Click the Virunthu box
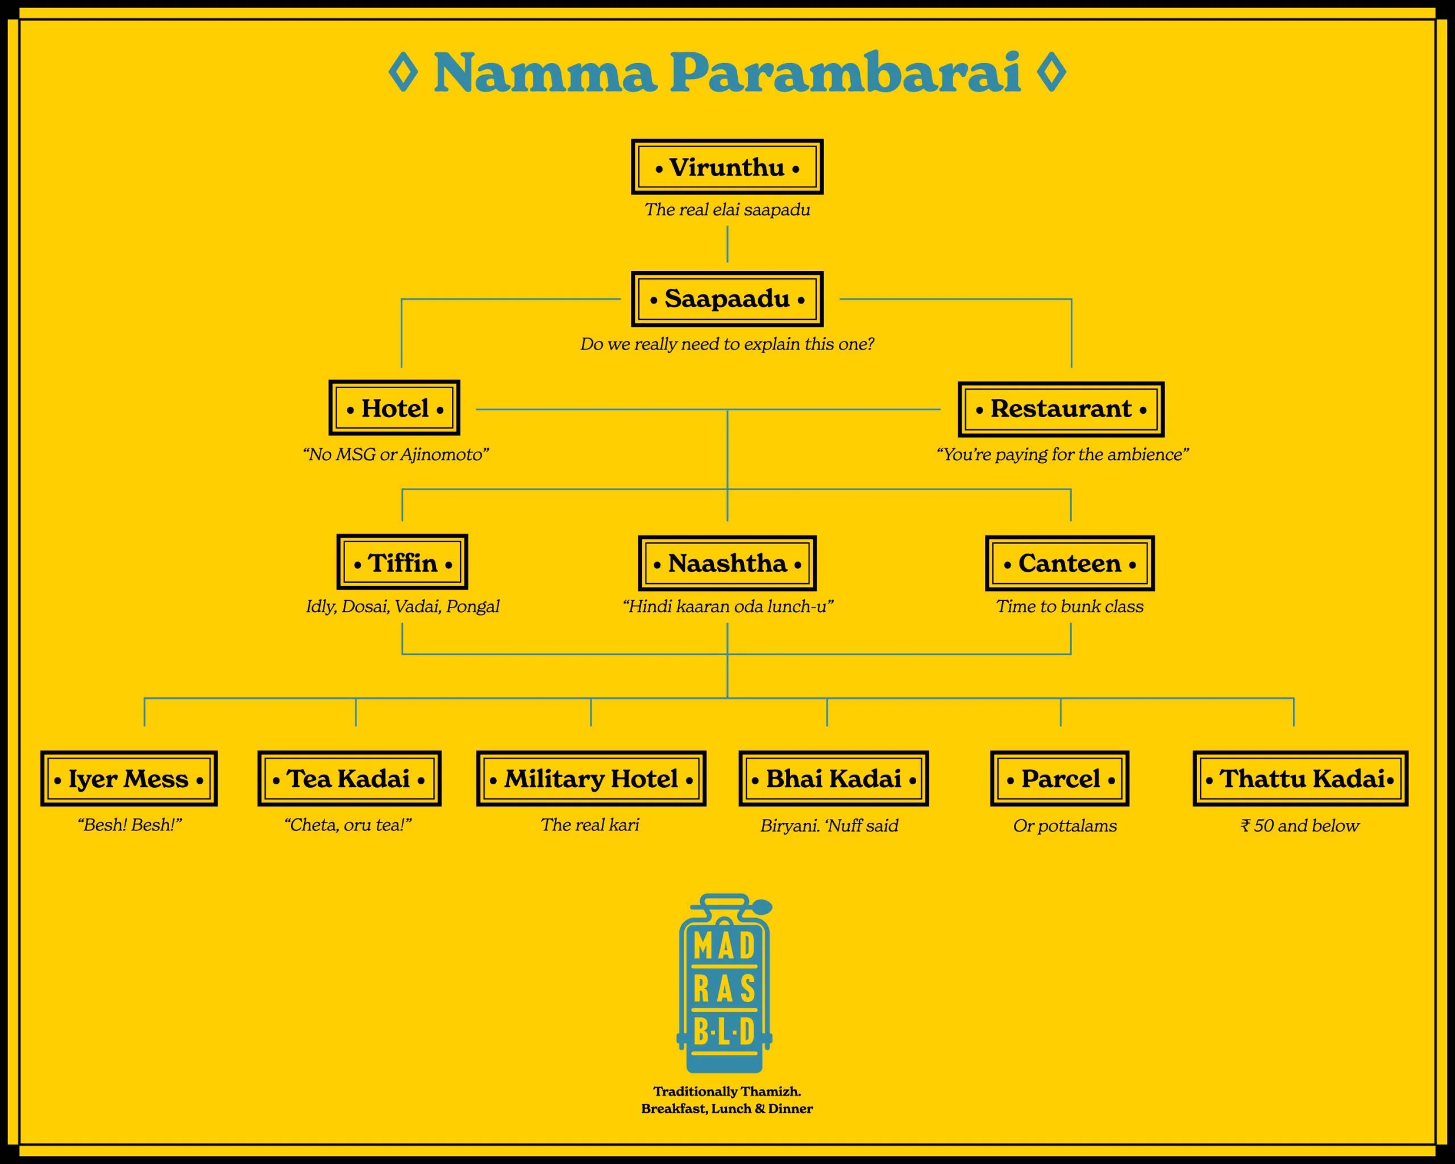click(x=727, y=167)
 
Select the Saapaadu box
click(x=727, y=299)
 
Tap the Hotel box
click(x=394, y=408)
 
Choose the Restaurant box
click(x=1061, y=409)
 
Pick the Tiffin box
click(x=402, y=563)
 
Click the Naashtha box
click(x=727, y=563)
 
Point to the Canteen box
click(x=1070, y=563)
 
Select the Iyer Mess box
click(x=128, y=779)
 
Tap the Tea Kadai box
click(x=349, y=779)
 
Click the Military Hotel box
click(x=591, y=779)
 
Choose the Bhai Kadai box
click(x=833, y=779)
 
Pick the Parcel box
click(x=1059, y=779)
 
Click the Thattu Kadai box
click(x=1300, y=779)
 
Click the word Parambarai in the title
click(x=845, y=73)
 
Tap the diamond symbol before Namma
click(x=404, y=72)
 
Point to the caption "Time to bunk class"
click(x=1070, y=606)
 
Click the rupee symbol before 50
click(x=1245, y=826)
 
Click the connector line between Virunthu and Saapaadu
click(x=727, y=244)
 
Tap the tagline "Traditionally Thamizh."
click(x=727, y=1091)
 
